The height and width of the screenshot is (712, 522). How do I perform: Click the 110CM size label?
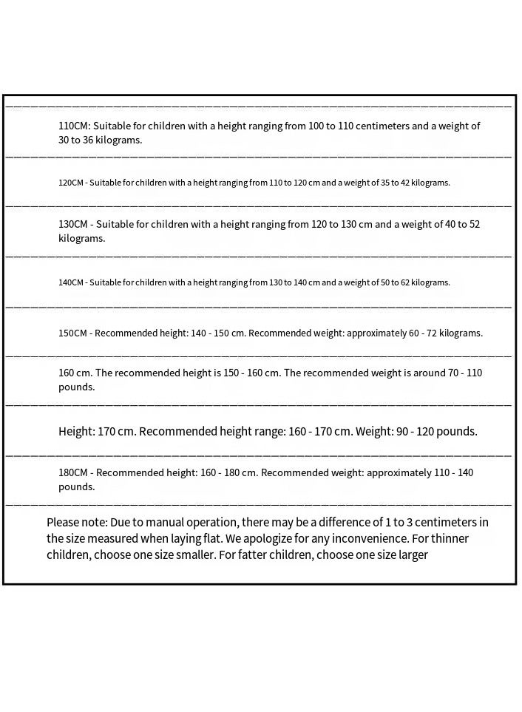tap(74, 126)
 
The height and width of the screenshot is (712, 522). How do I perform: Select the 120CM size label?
tap(71, 183)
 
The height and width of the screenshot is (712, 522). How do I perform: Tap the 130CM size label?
tap(74, 224)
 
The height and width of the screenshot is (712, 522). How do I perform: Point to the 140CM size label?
tap(71, 282)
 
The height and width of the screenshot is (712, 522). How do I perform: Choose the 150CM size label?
tap(73, 333)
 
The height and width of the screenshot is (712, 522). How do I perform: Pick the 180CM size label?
tap(73, 472)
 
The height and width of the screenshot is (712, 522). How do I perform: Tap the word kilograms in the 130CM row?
tap(82, 238)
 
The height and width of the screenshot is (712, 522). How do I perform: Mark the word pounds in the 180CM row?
tap(76, 486)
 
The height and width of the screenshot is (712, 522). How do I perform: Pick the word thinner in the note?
tap(449, 538)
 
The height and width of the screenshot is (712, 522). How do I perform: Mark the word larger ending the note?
tap(412, 555)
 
